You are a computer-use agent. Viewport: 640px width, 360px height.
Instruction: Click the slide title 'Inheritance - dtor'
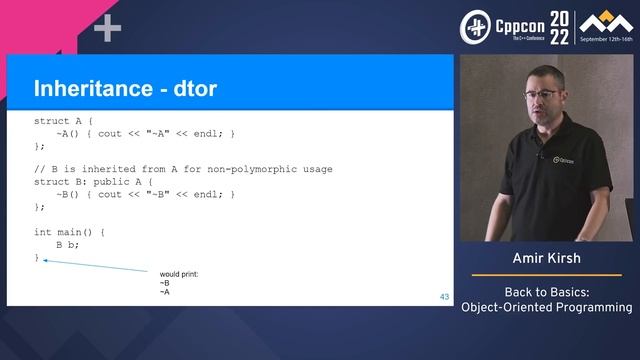click(x=125, y=88)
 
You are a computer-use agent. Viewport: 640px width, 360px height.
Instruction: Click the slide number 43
click(x=444, y=297)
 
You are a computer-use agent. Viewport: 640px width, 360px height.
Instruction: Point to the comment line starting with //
click(x=183, y=169)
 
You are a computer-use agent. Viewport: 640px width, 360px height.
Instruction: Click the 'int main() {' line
click(x=69, y=232)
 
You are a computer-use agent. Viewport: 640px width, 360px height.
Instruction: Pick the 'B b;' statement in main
click(x=67, y=244)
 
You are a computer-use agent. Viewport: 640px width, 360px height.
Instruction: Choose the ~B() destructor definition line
click(x=146, y=194)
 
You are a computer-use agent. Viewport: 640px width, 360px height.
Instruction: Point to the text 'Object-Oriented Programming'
click(x=546, y=307)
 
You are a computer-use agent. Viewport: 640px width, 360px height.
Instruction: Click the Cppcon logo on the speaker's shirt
click(x=569, y=161)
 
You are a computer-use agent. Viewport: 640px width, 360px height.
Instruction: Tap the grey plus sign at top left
click(x=107, y=29)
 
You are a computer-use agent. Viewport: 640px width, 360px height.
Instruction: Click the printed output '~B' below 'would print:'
click(x=165, y=283)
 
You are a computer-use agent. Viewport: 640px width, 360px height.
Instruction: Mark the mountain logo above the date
click(x=597, y=22)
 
